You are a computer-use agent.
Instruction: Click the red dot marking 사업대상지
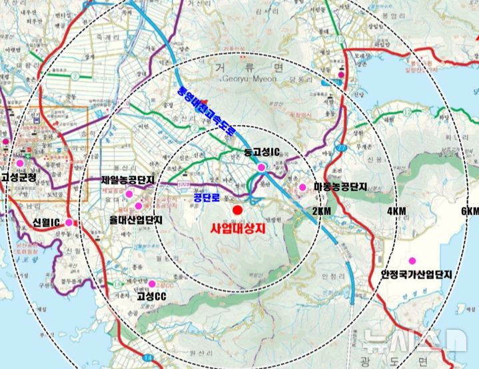pyautogui.click(x=237, y=210)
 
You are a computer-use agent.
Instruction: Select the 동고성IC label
pyautogui.click(x=259, y=153)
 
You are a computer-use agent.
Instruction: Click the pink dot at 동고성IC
pyautogui.click(x=261, y=167)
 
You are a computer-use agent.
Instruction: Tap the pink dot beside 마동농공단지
pyautogui.click(x=302, y=188)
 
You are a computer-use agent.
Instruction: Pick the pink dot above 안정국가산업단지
pyautogui.click(x=412, y=260)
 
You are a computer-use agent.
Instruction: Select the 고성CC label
pyautogui.click(x=151, y=296)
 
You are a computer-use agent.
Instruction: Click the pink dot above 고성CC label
pyautogui.click(x=152, y=284)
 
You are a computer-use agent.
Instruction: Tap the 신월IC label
pyautogui.click(x=47, y=221)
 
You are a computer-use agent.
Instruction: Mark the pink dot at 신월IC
pyautogui.click(x=69, y=222)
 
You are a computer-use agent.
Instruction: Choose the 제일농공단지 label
pyautogui.click(x=127, y=180)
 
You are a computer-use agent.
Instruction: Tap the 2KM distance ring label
pyautogui.click(x=320, y=211)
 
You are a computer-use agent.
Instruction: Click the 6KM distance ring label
pyautogui.click(x=470, y=211)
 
